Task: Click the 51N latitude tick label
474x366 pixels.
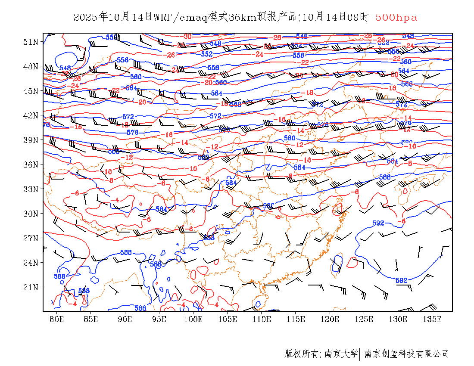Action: click(x=31, y=42)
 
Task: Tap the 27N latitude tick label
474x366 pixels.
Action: click(x=31, y=238)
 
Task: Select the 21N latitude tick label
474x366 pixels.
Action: click(x=31, y=287)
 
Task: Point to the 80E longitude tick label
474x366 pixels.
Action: click(x=57, y=319)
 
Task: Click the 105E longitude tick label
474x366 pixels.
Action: click(x=228, y=319)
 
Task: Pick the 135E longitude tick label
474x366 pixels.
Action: click(x=432, y=319)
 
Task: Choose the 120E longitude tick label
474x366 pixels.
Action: click(x=330, y=319)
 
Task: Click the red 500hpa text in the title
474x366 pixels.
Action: click(x=396, y=18)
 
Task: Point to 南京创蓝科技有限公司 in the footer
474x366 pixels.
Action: click(x=407, y=354)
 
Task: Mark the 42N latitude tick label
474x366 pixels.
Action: click(x=31, y=115)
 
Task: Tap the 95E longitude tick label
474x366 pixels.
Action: click(x=159, y=319)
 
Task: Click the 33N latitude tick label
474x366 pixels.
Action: click(x=31, y=189)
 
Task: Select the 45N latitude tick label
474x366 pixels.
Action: click(x=31, y=91)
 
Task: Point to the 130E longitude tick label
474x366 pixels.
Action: click(x=398, y=319)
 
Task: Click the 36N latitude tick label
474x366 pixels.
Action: click(x=31, y=164)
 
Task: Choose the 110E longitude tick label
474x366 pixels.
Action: click(x=262, y=319)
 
